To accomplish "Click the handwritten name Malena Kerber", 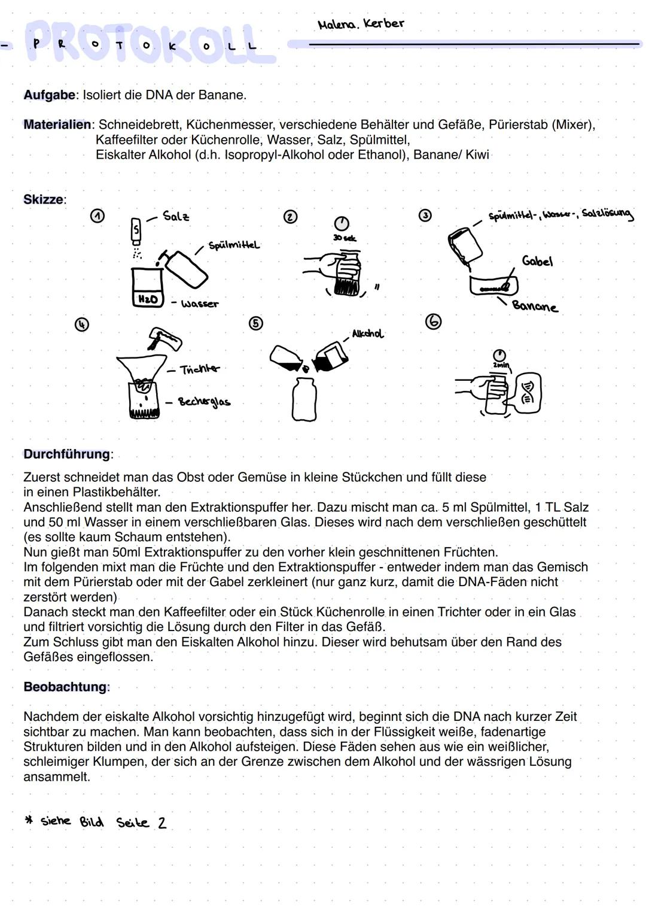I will pyautogui.click(x=361, y=24).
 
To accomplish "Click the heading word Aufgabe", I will pyautogui.click(x=50, y=95).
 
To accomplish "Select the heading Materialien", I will pyautogui.click(x=57, y=125).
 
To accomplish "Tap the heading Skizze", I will pyautogui.click(x=44, y=199).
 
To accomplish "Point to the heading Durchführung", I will pyautogui.click(x=67, y=454).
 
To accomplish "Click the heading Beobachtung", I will pyautogui.click(x=65, y=687).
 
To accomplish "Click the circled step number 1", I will pyautogui.click(x=97, y=216).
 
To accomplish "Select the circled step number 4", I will pyautogui.click(x=81, y=324).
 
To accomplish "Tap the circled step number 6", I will pyautogui.click(x=433, y=321).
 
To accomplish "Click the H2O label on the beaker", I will pyautogui.click(x=148, y=299).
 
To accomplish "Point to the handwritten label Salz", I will pyautogui.click(x=176, y=216).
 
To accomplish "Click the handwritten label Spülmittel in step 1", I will pyautogui.click(x=234, y=245).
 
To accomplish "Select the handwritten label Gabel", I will pyautogui.click(x=537, y=261).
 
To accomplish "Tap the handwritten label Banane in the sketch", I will pyautogui.click(x=535, y=306).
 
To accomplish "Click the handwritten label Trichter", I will pyautogui.click(x=200, y=369).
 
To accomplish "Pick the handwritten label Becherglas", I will pyautogui.click(x=204, y=402).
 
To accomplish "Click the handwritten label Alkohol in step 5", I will pyautogui.click(x=367, y=333).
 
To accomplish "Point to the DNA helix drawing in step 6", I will pyautogui.click(x=528, y=392).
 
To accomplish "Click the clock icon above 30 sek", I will pyautogui.click(x=341, y=223).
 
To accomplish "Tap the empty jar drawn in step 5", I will pyautogui.click(x=304, y=400).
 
